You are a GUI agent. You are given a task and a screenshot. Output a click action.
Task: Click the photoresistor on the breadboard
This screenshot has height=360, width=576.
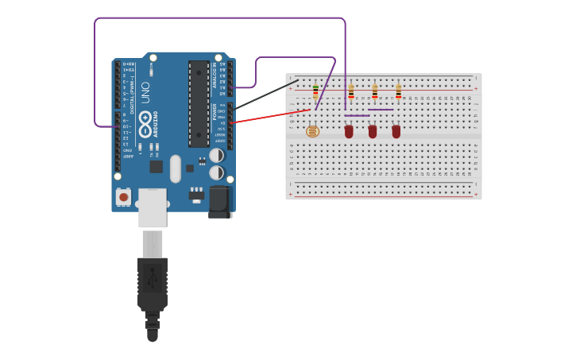tap(312, 131)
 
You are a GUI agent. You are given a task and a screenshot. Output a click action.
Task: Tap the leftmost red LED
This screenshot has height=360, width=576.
tap(349, 131)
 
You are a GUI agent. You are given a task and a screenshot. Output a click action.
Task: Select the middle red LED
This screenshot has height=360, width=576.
tap(373, 131)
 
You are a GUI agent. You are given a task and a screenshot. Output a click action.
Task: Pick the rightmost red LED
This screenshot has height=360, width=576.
tap(396, 131)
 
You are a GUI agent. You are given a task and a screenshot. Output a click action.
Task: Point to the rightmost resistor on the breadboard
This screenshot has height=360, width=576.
tap(399, 91)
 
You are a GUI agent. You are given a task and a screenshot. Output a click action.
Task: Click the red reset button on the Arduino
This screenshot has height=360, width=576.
tap(123, 195)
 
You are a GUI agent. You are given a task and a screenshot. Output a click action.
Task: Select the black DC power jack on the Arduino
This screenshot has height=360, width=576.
tap(219, 202)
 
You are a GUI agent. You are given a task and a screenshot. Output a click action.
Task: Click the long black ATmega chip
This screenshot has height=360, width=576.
tap(199, 103)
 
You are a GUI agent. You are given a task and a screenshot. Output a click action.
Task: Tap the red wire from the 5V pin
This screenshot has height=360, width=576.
tap(270, 116)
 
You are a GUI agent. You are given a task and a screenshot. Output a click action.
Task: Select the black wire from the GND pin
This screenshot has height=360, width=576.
tap(266, 95)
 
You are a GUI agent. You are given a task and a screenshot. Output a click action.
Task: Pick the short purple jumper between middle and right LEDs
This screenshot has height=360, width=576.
tap(381, 110)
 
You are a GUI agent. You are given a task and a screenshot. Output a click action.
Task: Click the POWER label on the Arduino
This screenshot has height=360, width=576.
tap(215, 112)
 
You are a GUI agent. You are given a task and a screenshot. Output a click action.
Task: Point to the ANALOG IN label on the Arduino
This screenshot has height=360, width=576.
tap(214, 75)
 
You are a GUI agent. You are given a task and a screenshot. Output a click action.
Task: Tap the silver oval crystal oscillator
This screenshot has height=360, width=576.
tap(176, 168)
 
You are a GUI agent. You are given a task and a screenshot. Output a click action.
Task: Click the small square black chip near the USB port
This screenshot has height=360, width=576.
tap(157, 167)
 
